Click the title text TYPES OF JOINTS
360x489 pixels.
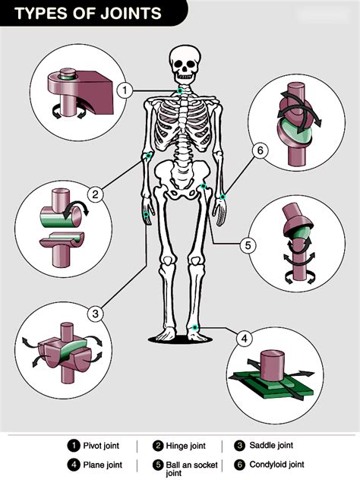pos(88,13)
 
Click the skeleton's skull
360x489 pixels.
pos(182,65)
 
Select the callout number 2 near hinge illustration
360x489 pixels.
pos(95,194)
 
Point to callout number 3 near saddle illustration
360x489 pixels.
pos(94,313)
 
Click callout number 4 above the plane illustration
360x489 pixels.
pos(244,338)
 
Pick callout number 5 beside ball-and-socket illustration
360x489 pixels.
pos(247,245)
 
